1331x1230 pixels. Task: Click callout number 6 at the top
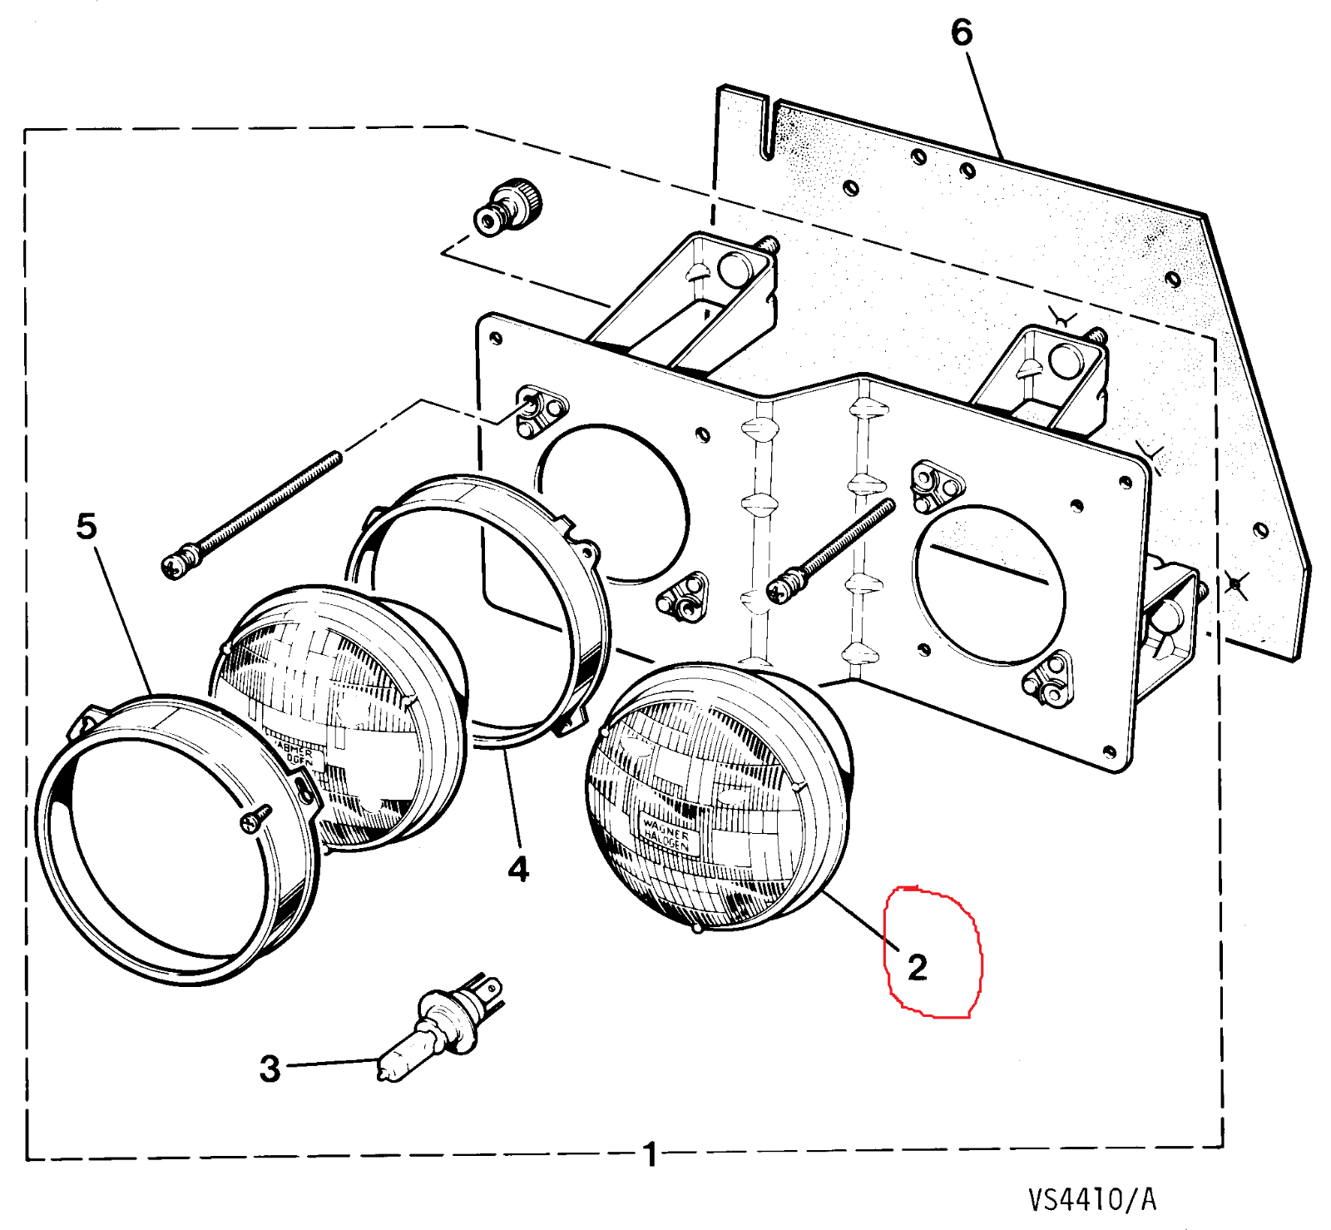[961, 33]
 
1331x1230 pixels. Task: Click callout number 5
[87, 526]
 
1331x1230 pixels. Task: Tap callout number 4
[518, 869]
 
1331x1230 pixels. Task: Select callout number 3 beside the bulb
[270, 1069]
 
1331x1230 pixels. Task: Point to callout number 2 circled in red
[917, 967]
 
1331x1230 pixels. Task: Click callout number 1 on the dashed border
[651, 1154]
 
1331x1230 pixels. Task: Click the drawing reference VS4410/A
[1091, 1199]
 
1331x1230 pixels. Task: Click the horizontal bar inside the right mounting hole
[989, 565]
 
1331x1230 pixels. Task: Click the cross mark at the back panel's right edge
[1237, 585]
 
